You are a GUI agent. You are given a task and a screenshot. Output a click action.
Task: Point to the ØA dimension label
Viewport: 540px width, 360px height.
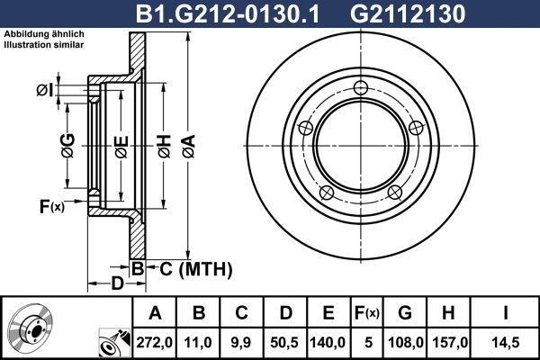point(187,141)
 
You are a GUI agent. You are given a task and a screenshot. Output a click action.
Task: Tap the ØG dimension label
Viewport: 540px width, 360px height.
point(67,142)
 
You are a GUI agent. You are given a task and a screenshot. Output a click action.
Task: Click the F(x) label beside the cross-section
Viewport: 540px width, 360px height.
point(51,208)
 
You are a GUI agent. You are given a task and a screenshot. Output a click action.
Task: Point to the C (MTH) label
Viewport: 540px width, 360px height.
point(192,268)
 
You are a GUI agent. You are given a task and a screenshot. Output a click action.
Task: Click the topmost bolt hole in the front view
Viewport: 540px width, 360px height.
point(362,87)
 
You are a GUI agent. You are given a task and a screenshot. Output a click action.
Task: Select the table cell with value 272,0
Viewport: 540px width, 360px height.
point(154,341)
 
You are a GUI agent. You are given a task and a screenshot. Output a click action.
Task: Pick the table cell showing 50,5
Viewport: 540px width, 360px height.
point(284,341)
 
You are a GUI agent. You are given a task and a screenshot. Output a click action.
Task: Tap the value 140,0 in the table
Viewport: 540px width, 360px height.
point(328,341)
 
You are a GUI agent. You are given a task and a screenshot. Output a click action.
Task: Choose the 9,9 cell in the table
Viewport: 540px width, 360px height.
point(241,341)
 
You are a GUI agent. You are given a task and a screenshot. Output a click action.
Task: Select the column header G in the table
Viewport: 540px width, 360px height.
point(405,313)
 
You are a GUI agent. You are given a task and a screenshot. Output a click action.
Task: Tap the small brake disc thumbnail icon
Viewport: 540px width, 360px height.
point(31,328)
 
